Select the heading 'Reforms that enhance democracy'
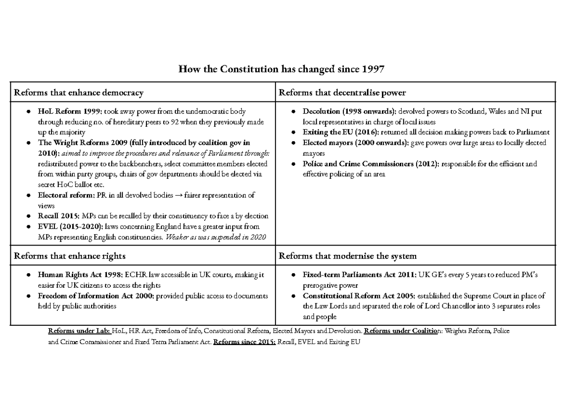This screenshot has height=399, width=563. tap(79, 92)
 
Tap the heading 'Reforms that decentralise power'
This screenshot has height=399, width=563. tap(342, 92)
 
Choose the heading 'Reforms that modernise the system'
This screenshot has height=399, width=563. tap(348, 256)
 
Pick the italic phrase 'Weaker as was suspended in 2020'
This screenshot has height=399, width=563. tap(216, 237)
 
